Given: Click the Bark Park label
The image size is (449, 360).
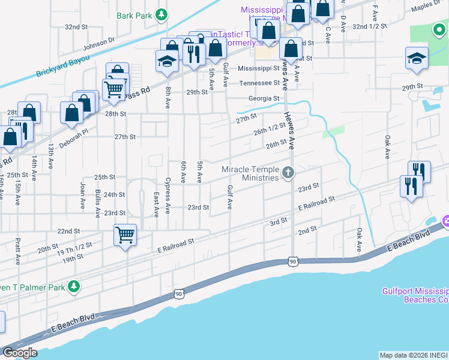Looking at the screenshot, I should tap(134, 16).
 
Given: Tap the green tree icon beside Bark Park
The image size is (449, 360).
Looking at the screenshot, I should tap(161, 15).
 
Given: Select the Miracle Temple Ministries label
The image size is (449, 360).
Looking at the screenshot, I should tap(250, 173).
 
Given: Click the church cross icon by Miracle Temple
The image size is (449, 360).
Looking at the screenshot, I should tap(289, 173).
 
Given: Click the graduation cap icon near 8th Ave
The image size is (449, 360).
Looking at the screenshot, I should tap(166, 61).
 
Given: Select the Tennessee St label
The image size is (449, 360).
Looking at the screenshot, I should tap(260, 83).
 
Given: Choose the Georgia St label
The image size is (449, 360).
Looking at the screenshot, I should tap(264, 98).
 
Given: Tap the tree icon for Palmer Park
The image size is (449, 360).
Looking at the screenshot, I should tap(74, 287).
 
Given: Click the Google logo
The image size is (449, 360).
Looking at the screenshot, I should tap(20, 353).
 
